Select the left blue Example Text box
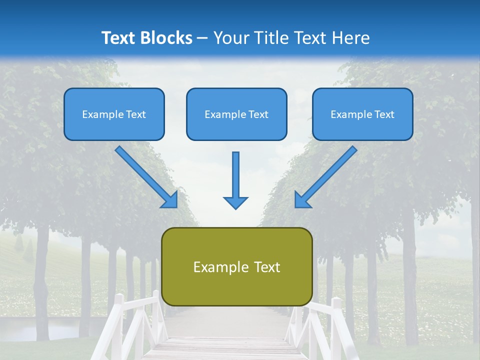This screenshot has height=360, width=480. [114, 114]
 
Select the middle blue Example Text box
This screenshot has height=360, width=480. [236, 114]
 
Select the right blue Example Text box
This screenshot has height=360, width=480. [362, 114]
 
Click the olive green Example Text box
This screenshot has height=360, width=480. [236, 267]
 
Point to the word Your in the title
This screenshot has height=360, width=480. [230, 38]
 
